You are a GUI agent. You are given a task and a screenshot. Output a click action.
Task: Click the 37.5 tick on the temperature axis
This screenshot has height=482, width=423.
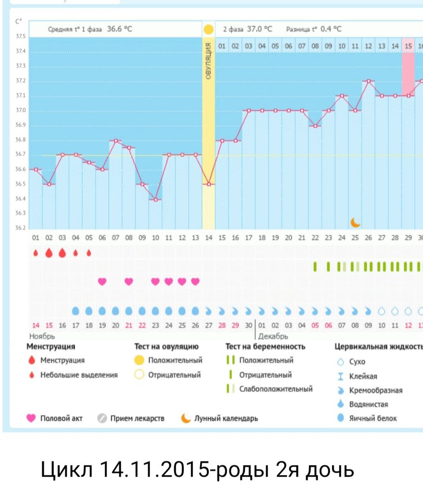click(x=21, y=37)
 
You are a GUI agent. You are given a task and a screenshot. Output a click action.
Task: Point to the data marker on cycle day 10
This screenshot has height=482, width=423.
click(x=155, y=200)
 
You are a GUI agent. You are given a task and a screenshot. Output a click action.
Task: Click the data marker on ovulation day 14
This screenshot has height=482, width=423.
click(x=208, y=184)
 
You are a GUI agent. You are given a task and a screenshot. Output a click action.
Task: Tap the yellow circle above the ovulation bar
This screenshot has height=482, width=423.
click(x=208, y=29)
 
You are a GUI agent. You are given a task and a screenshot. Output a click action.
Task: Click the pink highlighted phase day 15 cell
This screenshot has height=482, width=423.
click(x=408, y=46)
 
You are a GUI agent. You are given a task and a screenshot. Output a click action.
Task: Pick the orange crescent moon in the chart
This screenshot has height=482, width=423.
click(x=355, y=222)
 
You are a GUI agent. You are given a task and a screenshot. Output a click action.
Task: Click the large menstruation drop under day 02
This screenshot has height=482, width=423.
click(x=49, y=253)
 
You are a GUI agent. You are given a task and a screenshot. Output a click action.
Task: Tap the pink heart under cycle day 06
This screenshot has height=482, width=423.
click(x=102, y=281)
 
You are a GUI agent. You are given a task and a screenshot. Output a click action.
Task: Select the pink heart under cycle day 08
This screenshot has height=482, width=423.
click(x=128, y=281)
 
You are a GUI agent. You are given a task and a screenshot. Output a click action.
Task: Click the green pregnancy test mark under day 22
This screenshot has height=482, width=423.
click(x=315, y=267)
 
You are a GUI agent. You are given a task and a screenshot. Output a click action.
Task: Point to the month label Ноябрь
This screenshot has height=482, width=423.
click(x=42, y=336)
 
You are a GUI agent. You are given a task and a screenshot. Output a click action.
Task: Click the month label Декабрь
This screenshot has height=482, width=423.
click(x=273, y=336)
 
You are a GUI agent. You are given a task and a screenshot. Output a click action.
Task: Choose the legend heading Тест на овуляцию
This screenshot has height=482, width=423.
click(x=166, y=346)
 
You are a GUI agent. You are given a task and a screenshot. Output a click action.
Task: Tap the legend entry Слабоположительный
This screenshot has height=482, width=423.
click(x=276, y=389)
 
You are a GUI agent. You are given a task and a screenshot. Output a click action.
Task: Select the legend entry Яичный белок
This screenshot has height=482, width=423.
click(x=373, y=418)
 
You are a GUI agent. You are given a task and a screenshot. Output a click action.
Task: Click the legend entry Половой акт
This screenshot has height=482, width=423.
click(x=61, y=418)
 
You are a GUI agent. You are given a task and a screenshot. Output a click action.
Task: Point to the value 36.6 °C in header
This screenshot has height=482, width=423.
click(x=119, y=29)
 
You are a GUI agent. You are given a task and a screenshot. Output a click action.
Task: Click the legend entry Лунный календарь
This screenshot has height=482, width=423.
click(x=226, y=418)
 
